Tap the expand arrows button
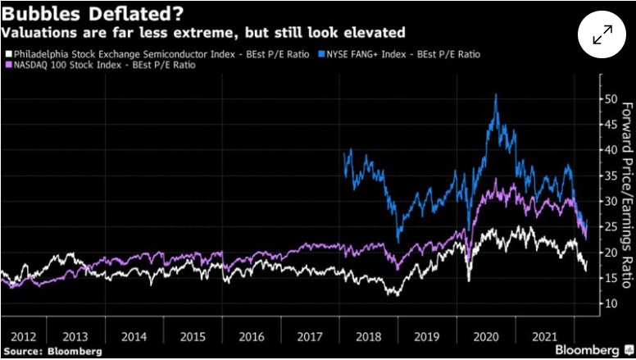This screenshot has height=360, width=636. click(602, 34)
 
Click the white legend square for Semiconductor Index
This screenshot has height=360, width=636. click(8, 53)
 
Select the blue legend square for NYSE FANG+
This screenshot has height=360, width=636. click(323, 53)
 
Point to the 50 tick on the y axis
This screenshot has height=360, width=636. click(609, 99)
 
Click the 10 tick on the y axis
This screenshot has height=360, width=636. click(609, 303)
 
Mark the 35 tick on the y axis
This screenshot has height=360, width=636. click(609, 175)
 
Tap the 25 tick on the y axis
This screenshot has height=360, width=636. click(609, 227)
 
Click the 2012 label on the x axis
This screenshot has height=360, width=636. click(23, 337)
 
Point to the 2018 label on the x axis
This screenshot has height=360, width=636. click(368, 337)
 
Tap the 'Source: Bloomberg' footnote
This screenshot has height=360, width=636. click(52, 351)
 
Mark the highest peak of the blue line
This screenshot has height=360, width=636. click(496, 95)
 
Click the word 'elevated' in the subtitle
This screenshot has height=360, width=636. click(377, 33)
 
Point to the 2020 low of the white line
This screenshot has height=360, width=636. click(469, 280)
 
